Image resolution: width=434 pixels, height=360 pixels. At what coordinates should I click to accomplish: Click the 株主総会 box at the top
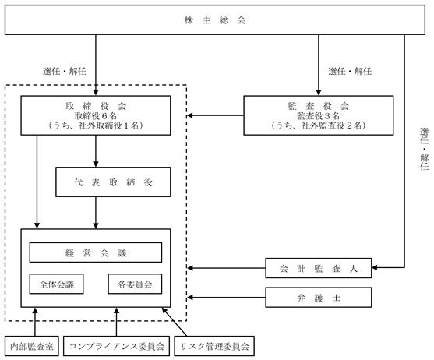(x=215, y=20)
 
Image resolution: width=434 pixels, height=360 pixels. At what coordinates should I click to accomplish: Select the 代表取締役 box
(x=113, y=182)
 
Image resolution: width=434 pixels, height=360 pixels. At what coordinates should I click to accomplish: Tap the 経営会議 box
(x=96, y=252)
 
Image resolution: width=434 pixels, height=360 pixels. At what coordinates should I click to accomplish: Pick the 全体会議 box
(x=56, y=284)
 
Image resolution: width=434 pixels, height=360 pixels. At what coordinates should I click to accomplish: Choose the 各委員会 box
(x=135, y=284)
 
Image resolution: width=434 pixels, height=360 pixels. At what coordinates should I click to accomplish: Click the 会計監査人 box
(x=319, y=268)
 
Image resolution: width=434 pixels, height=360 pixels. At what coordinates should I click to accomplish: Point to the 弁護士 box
(x=319, y=298)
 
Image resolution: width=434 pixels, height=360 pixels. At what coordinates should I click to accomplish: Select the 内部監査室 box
(x=32, y=346)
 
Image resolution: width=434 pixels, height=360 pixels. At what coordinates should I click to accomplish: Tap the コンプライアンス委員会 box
(x=116, y=346)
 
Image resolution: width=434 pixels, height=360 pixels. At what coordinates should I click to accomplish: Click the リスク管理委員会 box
(x=214, y=346)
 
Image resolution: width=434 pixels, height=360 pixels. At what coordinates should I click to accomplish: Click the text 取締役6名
(x=96, y=115)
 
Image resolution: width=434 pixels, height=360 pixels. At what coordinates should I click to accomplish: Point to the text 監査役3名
(x=319, y=115)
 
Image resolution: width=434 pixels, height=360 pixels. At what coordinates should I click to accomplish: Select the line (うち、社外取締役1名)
(x=96, y=125)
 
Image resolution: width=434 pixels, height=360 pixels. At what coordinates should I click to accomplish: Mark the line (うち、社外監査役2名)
(x=319, y=125)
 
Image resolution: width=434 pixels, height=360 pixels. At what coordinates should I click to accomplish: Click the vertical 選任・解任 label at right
(x=424, y=149)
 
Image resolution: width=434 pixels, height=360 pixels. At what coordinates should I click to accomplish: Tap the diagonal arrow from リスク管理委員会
(x=175, y=322)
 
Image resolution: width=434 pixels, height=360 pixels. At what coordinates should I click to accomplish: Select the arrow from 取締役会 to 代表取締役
(x=96, y=151)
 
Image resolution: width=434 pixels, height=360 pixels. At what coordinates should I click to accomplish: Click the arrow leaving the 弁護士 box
(x=226, y=298)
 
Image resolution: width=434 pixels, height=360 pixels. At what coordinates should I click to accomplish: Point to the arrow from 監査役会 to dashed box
(x=215, y=115)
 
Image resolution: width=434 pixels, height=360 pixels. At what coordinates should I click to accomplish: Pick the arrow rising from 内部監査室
(x=35, y=322)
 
